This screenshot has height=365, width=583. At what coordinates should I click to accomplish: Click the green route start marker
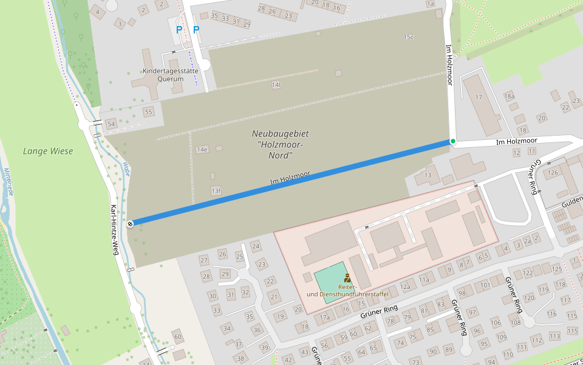click(x=452, y=141)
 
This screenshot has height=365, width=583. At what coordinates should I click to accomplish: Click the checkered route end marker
click(x=131, y=223)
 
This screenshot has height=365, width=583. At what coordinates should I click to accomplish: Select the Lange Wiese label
click(x=48, y=151)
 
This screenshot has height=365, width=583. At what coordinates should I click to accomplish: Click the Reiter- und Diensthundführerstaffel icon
click(x=347, y=278)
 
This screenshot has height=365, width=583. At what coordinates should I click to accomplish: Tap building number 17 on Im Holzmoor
click(x=479, y=97)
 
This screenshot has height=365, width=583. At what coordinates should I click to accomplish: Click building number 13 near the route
click(x=428, y=176)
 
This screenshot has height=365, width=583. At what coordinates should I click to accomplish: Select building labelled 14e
click(x=202, y=150)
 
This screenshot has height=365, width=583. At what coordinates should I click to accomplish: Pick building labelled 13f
click(x=216, y=191)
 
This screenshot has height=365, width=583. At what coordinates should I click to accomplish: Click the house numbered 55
click(x=148, y=112)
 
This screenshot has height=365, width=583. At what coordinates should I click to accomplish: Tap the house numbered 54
click(x=111, y=124)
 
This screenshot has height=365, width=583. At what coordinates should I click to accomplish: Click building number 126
click(x=553, y=173)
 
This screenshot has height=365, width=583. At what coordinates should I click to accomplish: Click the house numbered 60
click(x=177, y=336)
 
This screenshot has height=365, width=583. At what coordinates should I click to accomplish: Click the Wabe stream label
click(x=126, y=169)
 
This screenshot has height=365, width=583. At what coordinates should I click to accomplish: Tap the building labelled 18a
click(x=509, y=97)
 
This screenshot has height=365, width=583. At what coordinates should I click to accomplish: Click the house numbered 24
click(x=256, y=246)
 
